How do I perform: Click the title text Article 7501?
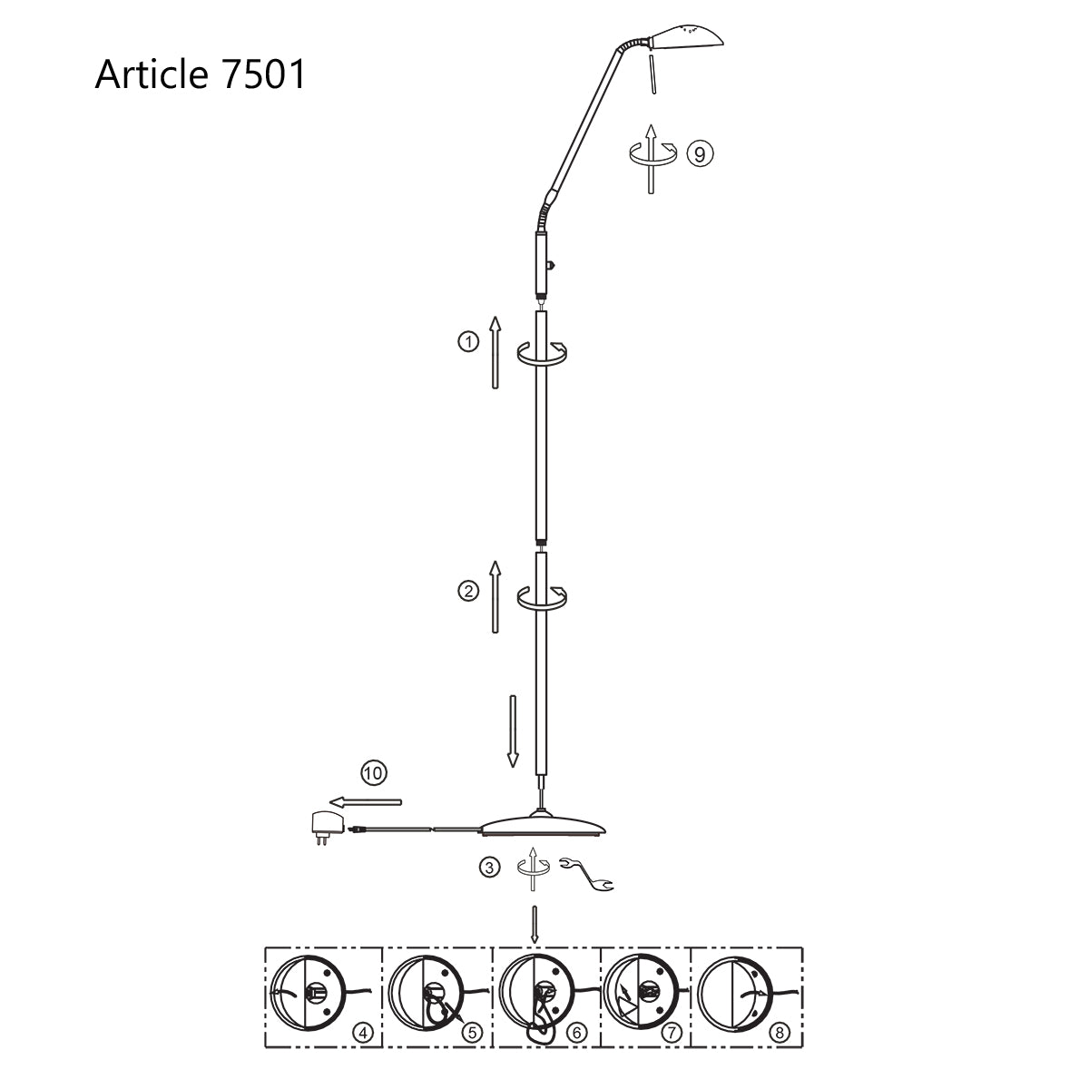(201, 74)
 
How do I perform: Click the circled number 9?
(699, 153)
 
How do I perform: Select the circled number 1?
(467, 342)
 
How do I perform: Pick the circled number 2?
(467, 591)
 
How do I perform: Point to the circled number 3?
(489, 868)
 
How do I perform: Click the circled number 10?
(373, 773)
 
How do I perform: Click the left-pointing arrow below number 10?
(365, 801)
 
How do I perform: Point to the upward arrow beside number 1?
(495, 353)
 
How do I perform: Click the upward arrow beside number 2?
(495, 596)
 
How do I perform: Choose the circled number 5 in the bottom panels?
(471, 1032)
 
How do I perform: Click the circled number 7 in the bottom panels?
(672, 1032)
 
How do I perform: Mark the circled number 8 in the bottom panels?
(783, 1032)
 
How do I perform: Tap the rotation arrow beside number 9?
(651, 155)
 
